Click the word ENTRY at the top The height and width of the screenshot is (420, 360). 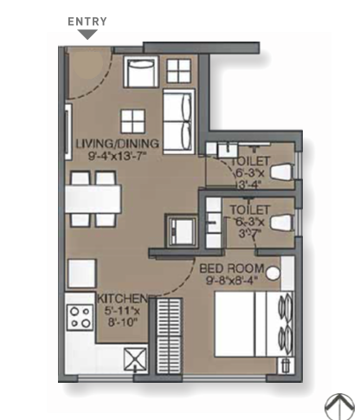pyautogui.click(x=87, y=22)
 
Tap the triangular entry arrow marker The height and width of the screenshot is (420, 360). pyautogui.click(x=88, y=35)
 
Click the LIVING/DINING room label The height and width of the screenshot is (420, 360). pyautogui.click(x=118, y=144)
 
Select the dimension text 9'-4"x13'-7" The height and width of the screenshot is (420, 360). pyautogui.click(x=118, y=156)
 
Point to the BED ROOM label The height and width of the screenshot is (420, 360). pyautogui.click(x=232, y=268)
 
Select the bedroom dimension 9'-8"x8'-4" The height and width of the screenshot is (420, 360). pyautogui.click(x=232, y=280)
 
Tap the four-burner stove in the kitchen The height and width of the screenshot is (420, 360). pyautogui.click(x=80, y=317)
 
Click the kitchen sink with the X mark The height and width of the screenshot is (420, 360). pyautogui.click(x=135, y=359)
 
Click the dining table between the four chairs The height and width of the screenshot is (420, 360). pyautogui.click(x=93, y=199)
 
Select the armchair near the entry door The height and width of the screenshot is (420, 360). pyautogui.click(x=141, y=72)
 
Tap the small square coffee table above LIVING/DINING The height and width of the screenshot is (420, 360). pyautogui.click(x=132, y=121)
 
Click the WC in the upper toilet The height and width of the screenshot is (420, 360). pyautogui.click(x=282, y=172)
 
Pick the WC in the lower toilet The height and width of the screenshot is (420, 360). pyautogui.click(x=282, y=223)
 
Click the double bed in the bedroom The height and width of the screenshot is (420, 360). pyautogui.click(x=254, y=324)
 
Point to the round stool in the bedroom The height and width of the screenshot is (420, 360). pyautogui.click(x=273, y=273)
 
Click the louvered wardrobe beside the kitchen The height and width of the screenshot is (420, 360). pyautogui.click(x=169, y=336)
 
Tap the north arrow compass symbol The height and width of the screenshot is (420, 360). pyautogui.click(x=340, y=406)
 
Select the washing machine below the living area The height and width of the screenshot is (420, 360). pyautogui.click(x=181, y=230)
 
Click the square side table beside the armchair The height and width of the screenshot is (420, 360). pyautogui.click(x=179, y=71)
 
